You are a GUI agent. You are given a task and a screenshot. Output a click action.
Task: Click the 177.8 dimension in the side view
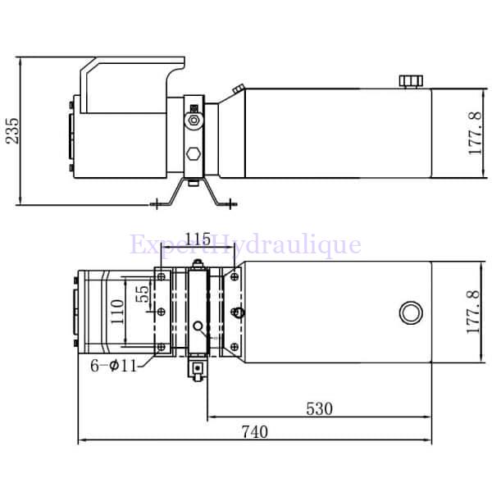click(475, 134)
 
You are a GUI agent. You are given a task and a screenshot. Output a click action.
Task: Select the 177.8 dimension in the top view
click(473, 312)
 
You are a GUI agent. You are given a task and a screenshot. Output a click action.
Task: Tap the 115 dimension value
click(198, 239)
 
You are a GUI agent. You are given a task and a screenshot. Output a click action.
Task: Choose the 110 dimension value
click(116, 312)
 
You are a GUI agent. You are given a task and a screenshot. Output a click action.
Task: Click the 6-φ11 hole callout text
click(115, 366)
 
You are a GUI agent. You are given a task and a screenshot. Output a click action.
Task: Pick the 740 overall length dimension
click(254, 432)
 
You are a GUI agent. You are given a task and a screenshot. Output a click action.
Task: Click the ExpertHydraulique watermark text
click(245, 244)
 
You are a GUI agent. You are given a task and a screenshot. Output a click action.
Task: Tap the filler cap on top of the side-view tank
click(409, 80)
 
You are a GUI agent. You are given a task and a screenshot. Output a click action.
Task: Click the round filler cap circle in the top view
click(410, 312)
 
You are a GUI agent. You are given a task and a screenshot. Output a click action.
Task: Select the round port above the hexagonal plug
click(193, 121)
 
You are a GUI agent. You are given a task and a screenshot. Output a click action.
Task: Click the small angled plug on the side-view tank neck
click(237, 89)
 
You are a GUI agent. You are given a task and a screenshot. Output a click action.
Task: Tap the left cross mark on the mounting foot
click(157, 203)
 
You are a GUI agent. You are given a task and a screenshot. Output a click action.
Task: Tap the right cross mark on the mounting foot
click(231, 203)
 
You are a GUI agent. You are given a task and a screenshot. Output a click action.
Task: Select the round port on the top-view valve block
click(198, 325)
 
